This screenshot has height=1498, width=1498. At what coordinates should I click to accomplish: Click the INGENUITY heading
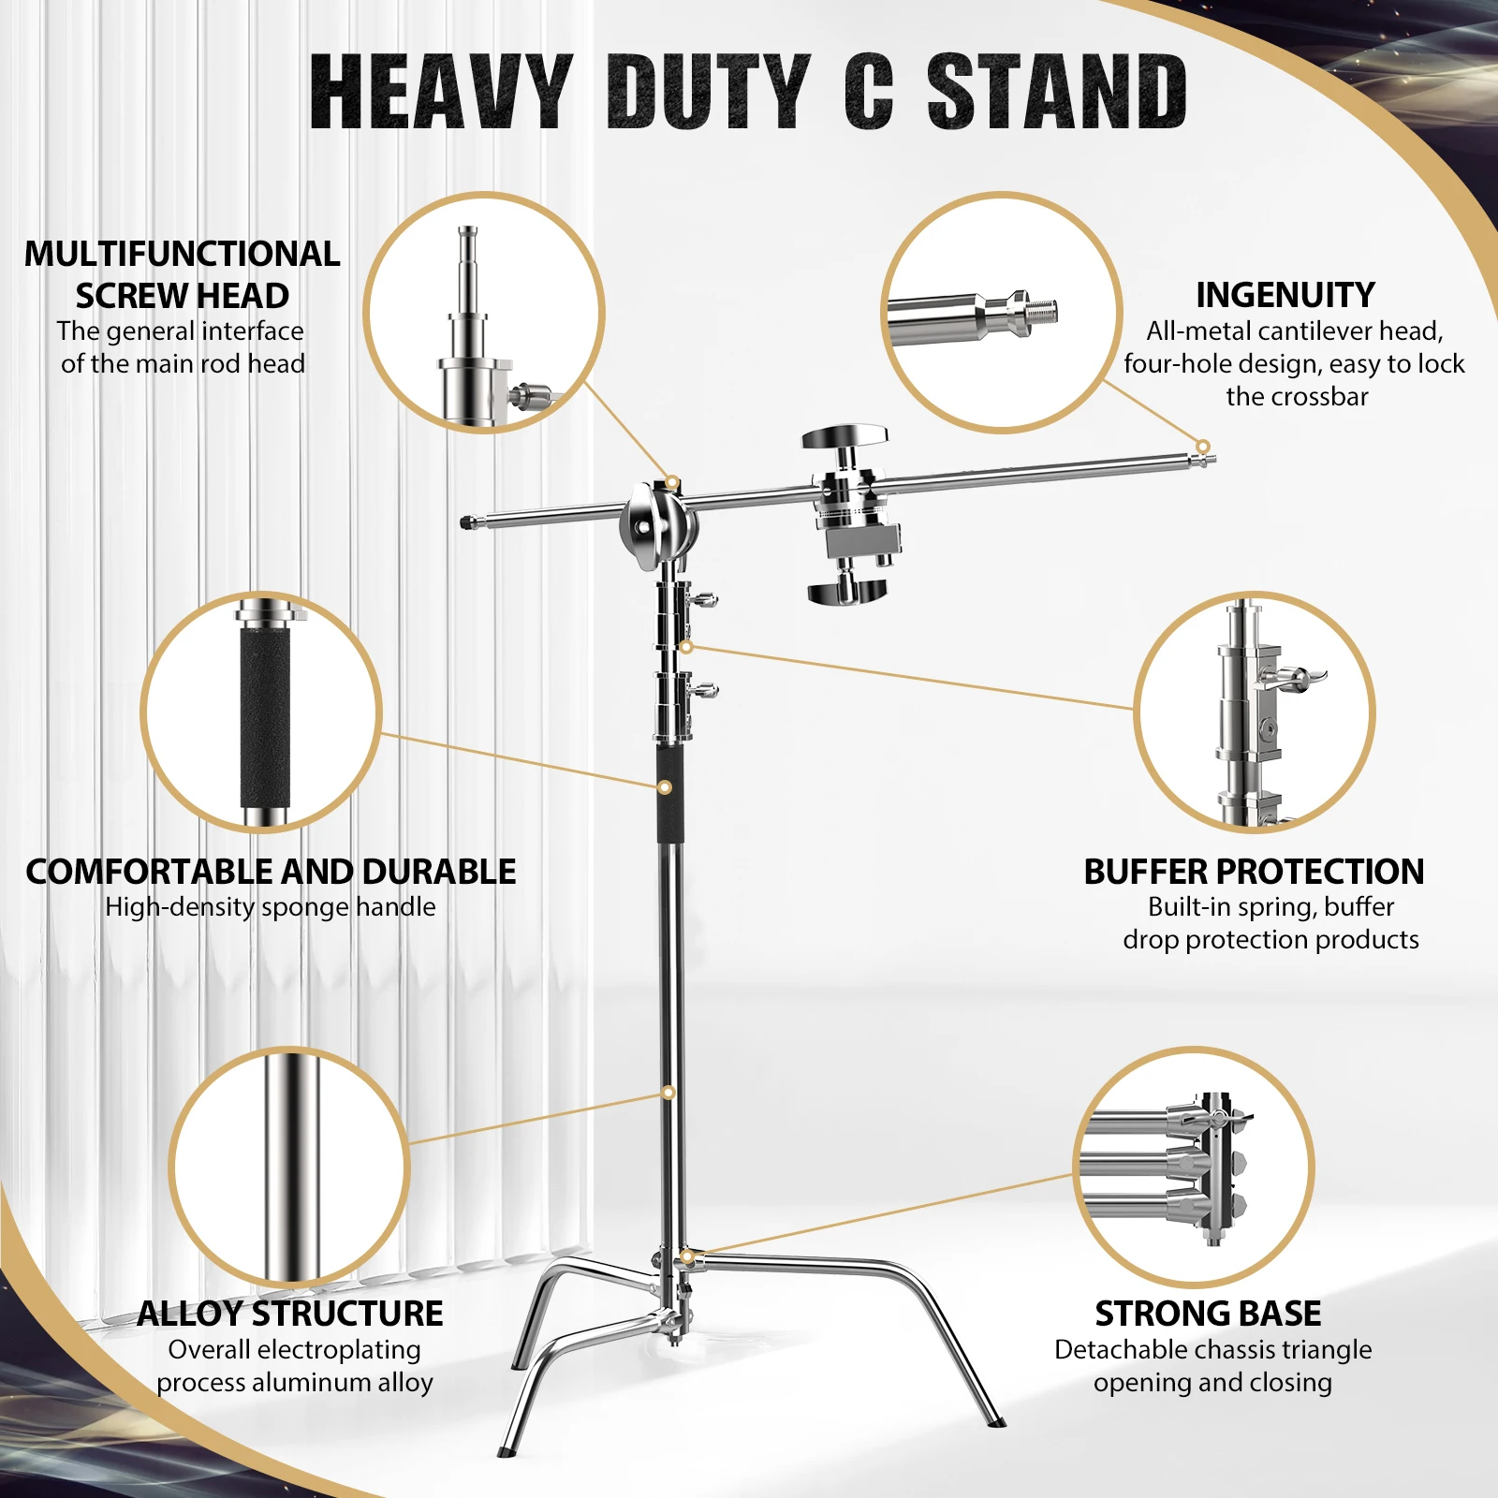[1285, 295]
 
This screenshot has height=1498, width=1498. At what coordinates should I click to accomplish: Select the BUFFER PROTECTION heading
[1254, 872]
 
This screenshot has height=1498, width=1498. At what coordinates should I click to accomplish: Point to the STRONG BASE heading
[1208, 1314]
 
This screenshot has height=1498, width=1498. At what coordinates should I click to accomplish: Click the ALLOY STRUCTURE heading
[290, 1314]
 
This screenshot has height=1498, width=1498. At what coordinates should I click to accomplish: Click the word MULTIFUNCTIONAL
[183, 254]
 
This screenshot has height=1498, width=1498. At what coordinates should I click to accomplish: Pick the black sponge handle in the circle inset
[265, 716]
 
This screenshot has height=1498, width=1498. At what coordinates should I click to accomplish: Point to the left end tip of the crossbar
[467, 522]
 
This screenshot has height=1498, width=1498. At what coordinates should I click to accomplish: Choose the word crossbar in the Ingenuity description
[1297, 397]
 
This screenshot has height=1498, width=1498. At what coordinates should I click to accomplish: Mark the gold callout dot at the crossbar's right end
[1203, 447]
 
